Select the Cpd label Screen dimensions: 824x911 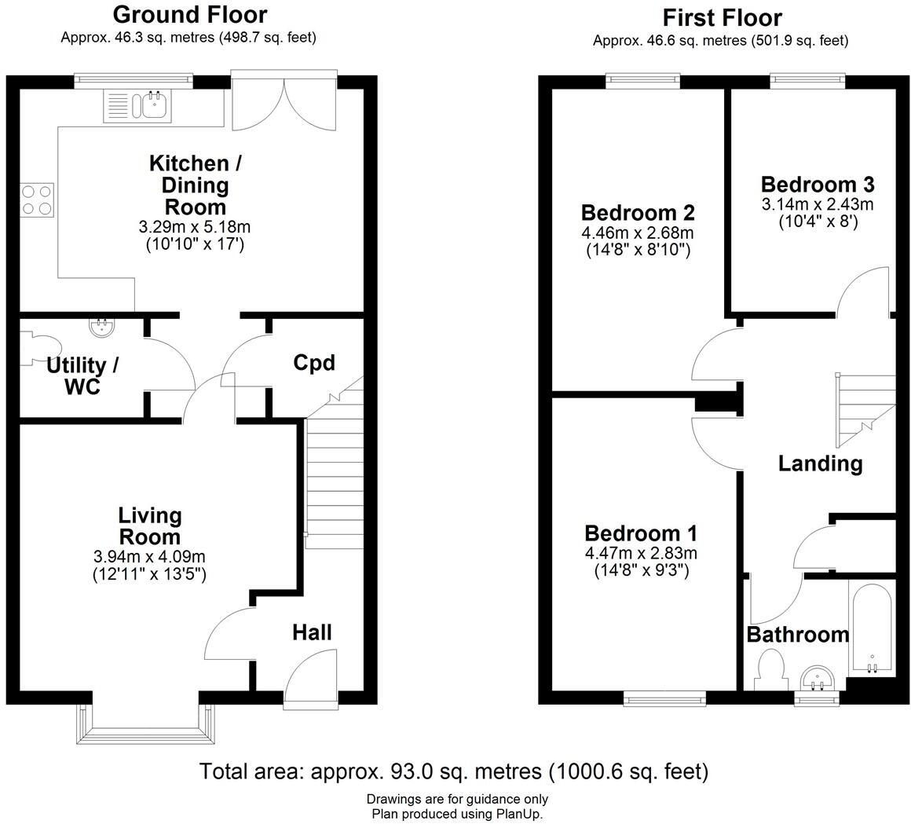[314, 363]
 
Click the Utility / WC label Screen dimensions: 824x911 [82, 376]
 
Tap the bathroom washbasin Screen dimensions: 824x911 [818, 678]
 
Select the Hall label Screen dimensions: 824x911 [312, 632]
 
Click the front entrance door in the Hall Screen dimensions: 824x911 [310, 677]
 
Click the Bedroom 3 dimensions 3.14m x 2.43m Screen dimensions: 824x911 [817, 205]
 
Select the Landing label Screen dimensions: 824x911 [820, 463]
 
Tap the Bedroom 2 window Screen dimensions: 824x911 [643, 79]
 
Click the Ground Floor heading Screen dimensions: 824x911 [189, 14]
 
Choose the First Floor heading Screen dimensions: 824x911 [722, 17]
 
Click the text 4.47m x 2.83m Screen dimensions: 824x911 [641, 554]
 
